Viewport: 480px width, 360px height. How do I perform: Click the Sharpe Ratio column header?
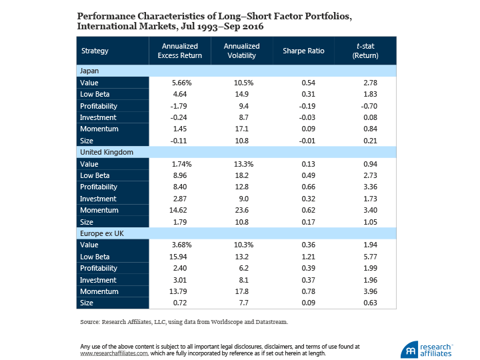coord(303,51)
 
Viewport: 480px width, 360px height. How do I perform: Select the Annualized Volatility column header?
coord(242,51)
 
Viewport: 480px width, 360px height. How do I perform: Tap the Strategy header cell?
coord(95,51)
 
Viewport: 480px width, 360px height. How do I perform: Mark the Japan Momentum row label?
coord(99,129)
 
